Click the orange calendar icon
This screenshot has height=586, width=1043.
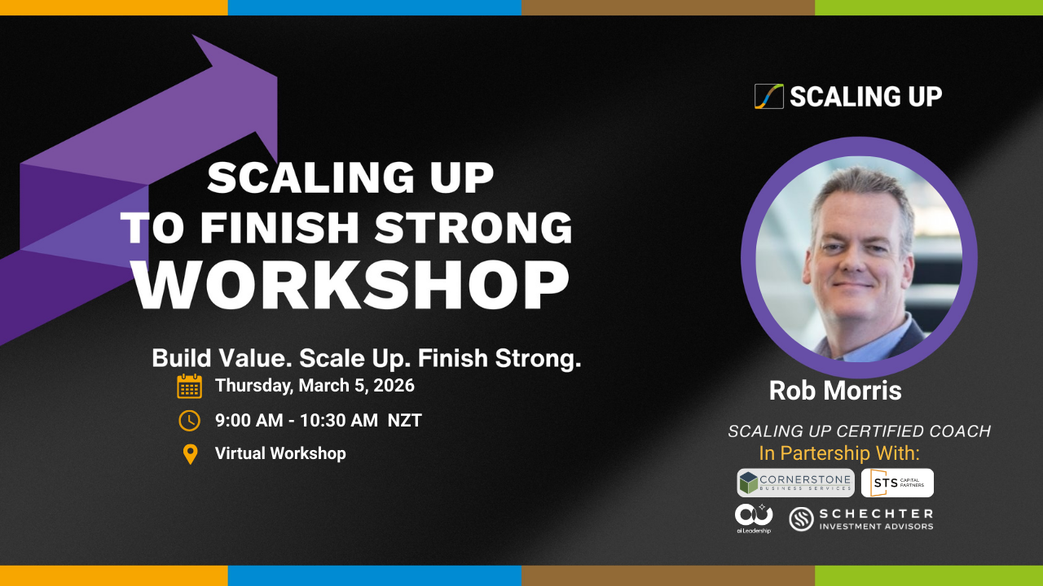tap(190, 386)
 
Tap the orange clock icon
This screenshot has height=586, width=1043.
tap(190, 421)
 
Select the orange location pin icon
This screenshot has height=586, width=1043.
tap(190, 454)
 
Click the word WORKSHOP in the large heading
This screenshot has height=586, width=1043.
tap(351, 285)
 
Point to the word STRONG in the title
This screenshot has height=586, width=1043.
tap(473, 227)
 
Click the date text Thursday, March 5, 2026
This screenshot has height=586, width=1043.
tap(315, 386)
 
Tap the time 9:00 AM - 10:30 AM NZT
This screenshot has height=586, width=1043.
tap(319, 421)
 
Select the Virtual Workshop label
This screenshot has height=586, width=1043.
tap(280, 453)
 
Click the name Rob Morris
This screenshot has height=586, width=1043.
tap(835, 390)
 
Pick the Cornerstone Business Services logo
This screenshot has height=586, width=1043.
tap(796, 483)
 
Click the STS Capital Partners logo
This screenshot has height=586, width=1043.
tap(897, 483)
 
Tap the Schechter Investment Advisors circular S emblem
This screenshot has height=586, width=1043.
tap(801, 519)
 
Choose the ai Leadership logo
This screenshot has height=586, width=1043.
tap(754, 518)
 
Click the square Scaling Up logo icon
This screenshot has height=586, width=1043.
tap(769, 96)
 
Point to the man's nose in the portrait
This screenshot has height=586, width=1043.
tap(853, 263)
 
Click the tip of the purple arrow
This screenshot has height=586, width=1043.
tap(193, 35)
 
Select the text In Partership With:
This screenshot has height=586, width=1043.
tap(839, 453)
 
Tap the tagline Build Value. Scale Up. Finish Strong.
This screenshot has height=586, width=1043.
tap(367, 359)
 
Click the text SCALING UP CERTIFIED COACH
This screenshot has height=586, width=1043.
tap(860, 431)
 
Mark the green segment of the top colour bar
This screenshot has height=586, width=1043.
tap(929, 7)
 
